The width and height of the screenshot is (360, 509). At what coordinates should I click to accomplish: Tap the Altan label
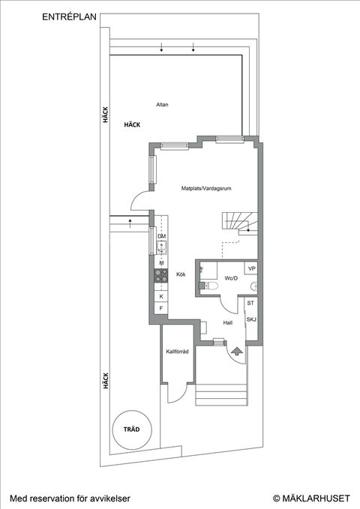162,105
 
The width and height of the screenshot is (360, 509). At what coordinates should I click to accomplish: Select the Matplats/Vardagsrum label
205,190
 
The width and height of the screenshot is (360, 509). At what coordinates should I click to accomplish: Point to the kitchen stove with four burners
160,277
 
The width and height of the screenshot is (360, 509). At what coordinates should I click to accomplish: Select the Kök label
181,274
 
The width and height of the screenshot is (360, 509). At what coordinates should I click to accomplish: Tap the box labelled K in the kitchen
160,296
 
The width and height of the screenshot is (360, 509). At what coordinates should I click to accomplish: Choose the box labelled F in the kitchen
160,309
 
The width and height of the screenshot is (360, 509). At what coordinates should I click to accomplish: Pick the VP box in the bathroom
252,268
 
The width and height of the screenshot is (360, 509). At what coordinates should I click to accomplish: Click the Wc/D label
230,279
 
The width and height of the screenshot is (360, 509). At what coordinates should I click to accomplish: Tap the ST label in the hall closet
251,304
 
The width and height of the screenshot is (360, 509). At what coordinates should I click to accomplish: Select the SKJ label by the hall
251,319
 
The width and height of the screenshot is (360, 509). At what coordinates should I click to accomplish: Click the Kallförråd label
176,352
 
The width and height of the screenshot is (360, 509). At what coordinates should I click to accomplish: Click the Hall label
227,322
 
